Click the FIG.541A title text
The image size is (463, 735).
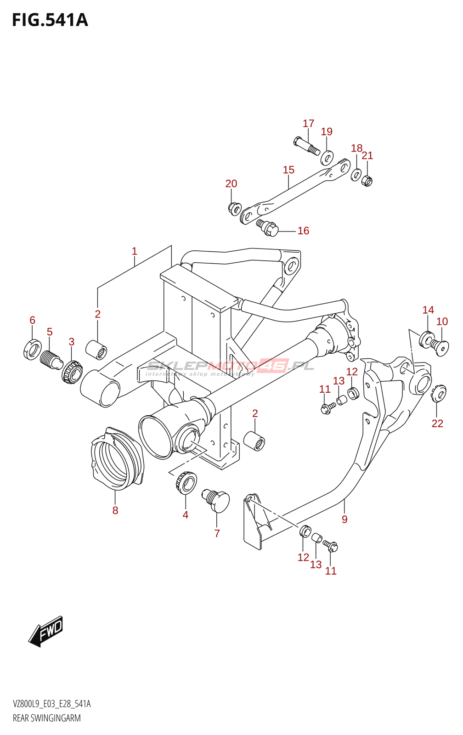tap(50, 20)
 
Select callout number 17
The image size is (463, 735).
tap(308, 124)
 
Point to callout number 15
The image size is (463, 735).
tap(288, 170)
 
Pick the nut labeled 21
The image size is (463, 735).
tap(367, 180)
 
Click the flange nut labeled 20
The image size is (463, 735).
tap(234, 209)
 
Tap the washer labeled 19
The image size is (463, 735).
tap(327, 158)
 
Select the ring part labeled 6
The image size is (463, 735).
tap(32, 349)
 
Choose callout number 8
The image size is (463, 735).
tap(115, 510)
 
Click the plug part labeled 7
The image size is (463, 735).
tap(217, 500)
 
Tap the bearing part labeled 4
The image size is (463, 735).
tap(186, 483)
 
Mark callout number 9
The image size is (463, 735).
tap(344, 520)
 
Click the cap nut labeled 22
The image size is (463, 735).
tap(439, 394)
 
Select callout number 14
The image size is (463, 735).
tap(428, 310)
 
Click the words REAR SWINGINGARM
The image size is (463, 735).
tap(46, 718)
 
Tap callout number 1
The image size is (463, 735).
tap(134, 251)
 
